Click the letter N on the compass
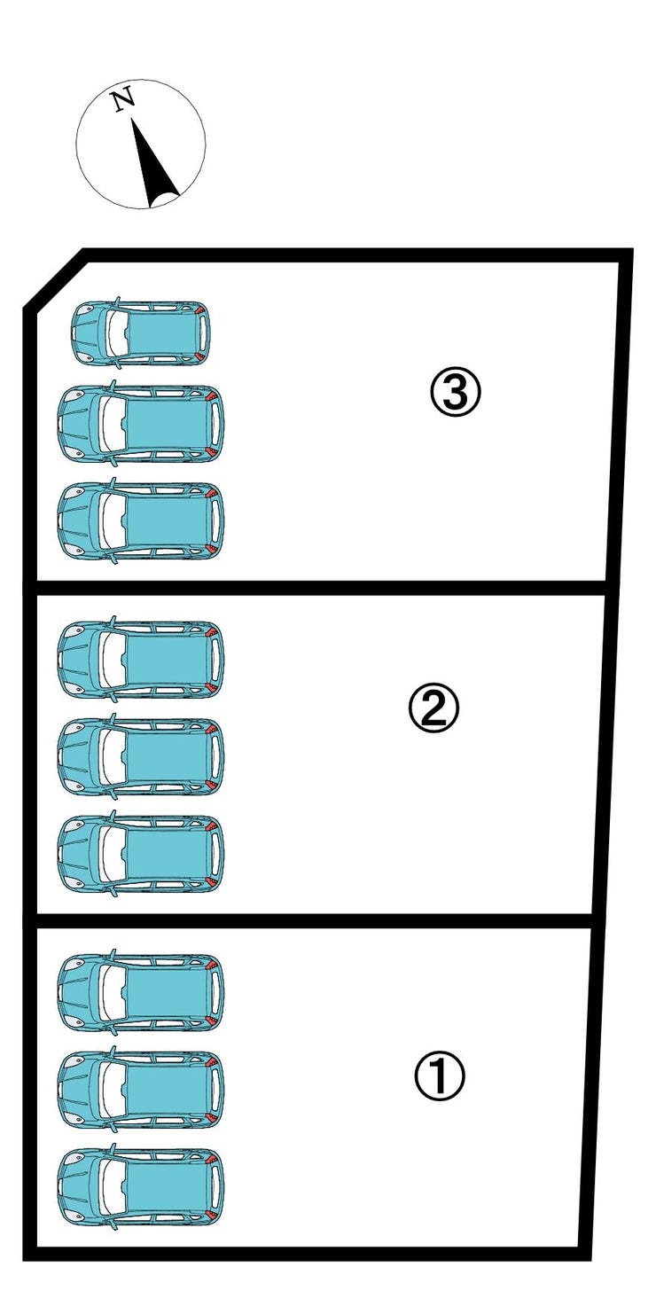click(x=124, y=99)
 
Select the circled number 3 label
click(x=456, y=392)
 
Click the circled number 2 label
click(x=433, y=708)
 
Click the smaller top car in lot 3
click(x=140, y=332)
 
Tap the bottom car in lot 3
click(x=141, y=520)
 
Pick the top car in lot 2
click(x=141, y=659)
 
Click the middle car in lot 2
click(x=141, y=756)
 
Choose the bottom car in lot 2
click(x=141, y=853)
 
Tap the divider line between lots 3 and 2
click(x=320, y=588)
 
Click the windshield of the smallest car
click(x=115, y=332)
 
